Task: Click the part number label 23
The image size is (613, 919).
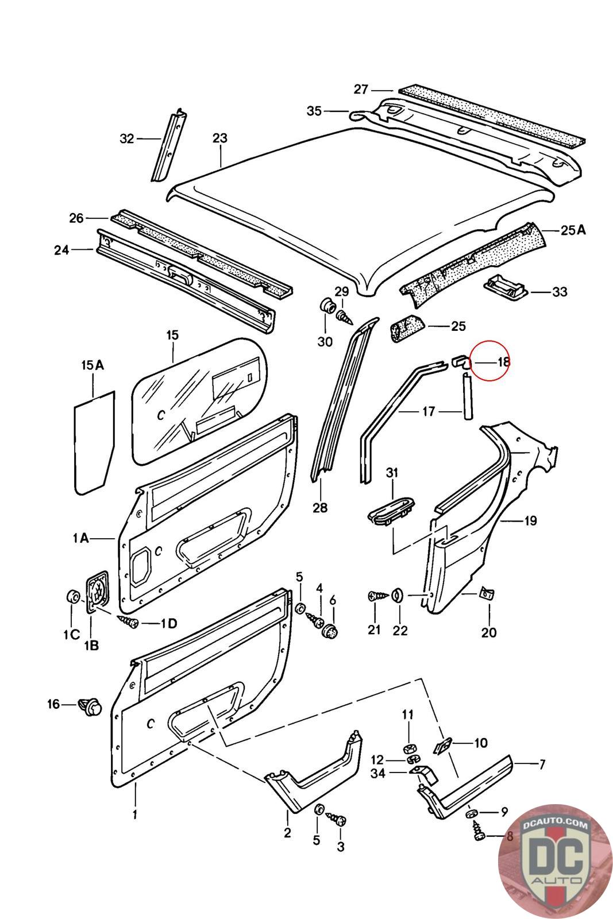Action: (219, 138)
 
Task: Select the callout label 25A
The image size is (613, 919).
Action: (573, 230)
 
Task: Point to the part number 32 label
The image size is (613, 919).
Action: (126, 138)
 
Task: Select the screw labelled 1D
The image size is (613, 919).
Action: (129, 621)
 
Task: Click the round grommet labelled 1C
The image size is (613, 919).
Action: (73, 597)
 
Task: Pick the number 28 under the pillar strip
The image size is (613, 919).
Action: (320, 508)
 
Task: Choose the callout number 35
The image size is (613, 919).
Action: (314, 111)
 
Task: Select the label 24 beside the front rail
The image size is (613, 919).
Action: (62, 250)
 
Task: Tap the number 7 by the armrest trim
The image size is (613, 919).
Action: (541, 764)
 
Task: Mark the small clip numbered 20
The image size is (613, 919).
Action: (488, 594)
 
